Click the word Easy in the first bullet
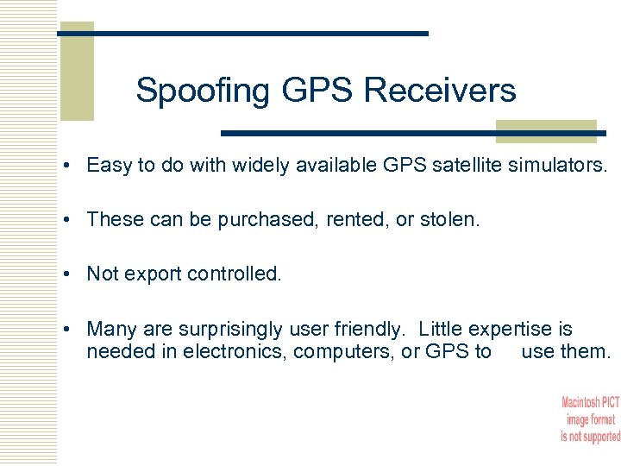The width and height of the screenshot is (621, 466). coord(105,167)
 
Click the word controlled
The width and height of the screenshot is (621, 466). coord(233,274)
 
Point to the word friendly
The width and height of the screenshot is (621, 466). coord(363,330)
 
